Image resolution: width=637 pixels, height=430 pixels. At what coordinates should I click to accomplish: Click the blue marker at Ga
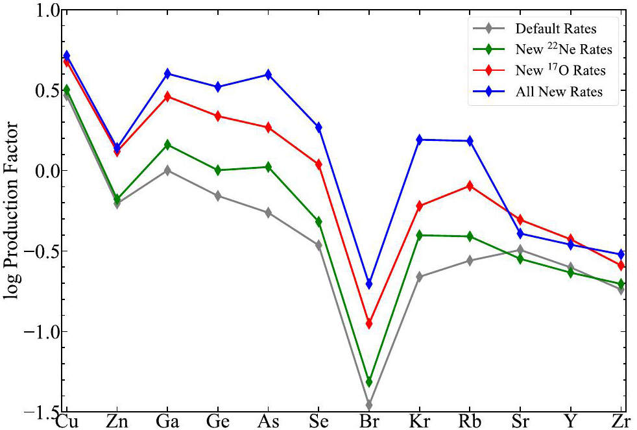click(x=167, y=73)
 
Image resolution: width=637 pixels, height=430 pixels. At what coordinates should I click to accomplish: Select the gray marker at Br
click(x=369, y=405)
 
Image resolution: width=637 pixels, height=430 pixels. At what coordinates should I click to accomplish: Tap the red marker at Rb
click(x=470, y=186)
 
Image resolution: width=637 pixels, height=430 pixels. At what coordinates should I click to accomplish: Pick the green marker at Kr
click(x=420, y=235)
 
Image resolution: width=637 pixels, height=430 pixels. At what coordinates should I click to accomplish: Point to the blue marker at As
click(x=268, y=75)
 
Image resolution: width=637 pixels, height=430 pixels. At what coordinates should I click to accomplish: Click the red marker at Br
click(x=369, y=324)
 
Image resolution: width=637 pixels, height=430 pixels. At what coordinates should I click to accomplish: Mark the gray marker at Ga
click(x=167, y=170)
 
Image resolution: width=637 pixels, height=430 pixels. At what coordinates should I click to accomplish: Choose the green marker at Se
click(x=318, y=221)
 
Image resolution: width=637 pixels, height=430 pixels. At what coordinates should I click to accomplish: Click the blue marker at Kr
click(x=420, y=140)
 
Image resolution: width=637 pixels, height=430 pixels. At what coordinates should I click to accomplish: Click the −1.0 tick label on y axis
click(x=41, y=331)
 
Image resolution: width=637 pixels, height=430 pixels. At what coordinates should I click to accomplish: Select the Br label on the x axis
click(x=369, y=422)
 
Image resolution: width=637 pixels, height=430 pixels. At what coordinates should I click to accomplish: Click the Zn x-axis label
click(x=117, y=422)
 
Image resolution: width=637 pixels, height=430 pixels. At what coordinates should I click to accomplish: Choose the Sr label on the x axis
click(x=520, y=422)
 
